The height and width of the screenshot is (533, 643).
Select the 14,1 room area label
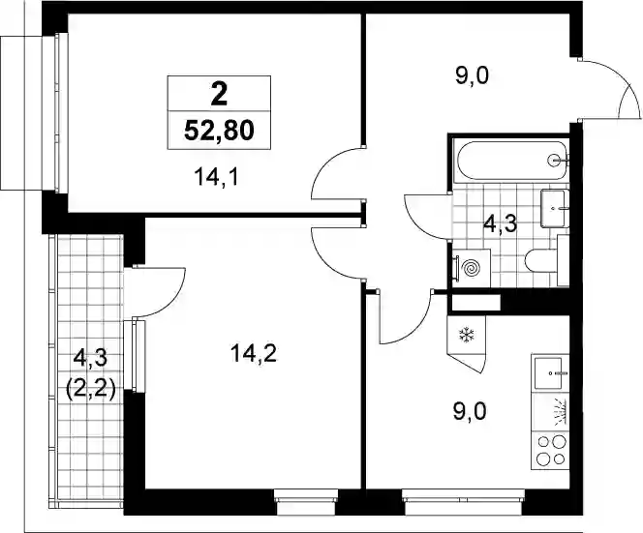216,177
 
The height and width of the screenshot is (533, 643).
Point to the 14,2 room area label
254,353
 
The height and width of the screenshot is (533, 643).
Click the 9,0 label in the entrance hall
473,75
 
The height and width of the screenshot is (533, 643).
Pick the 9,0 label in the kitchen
470,411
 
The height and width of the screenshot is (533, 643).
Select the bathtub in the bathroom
511,161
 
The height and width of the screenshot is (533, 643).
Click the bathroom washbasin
555,208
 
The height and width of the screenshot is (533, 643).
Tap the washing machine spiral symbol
471,268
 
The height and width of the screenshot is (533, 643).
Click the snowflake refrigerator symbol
466,335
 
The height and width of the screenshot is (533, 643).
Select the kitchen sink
550,372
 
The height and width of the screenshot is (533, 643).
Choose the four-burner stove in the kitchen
550,451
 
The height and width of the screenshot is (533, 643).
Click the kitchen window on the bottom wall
464,502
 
